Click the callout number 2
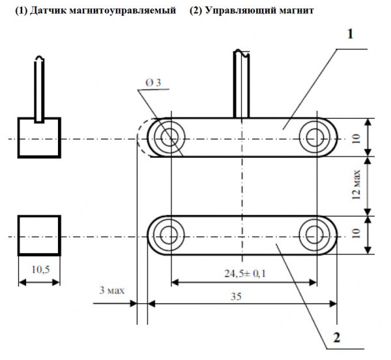[x=337, y=337]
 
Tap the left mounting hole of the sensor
[x=171, y=138]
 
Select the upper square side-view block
[x=38, y=138]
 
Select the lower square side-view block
[x=38, y=235]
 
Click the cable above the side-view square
[x=39, y=88]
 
